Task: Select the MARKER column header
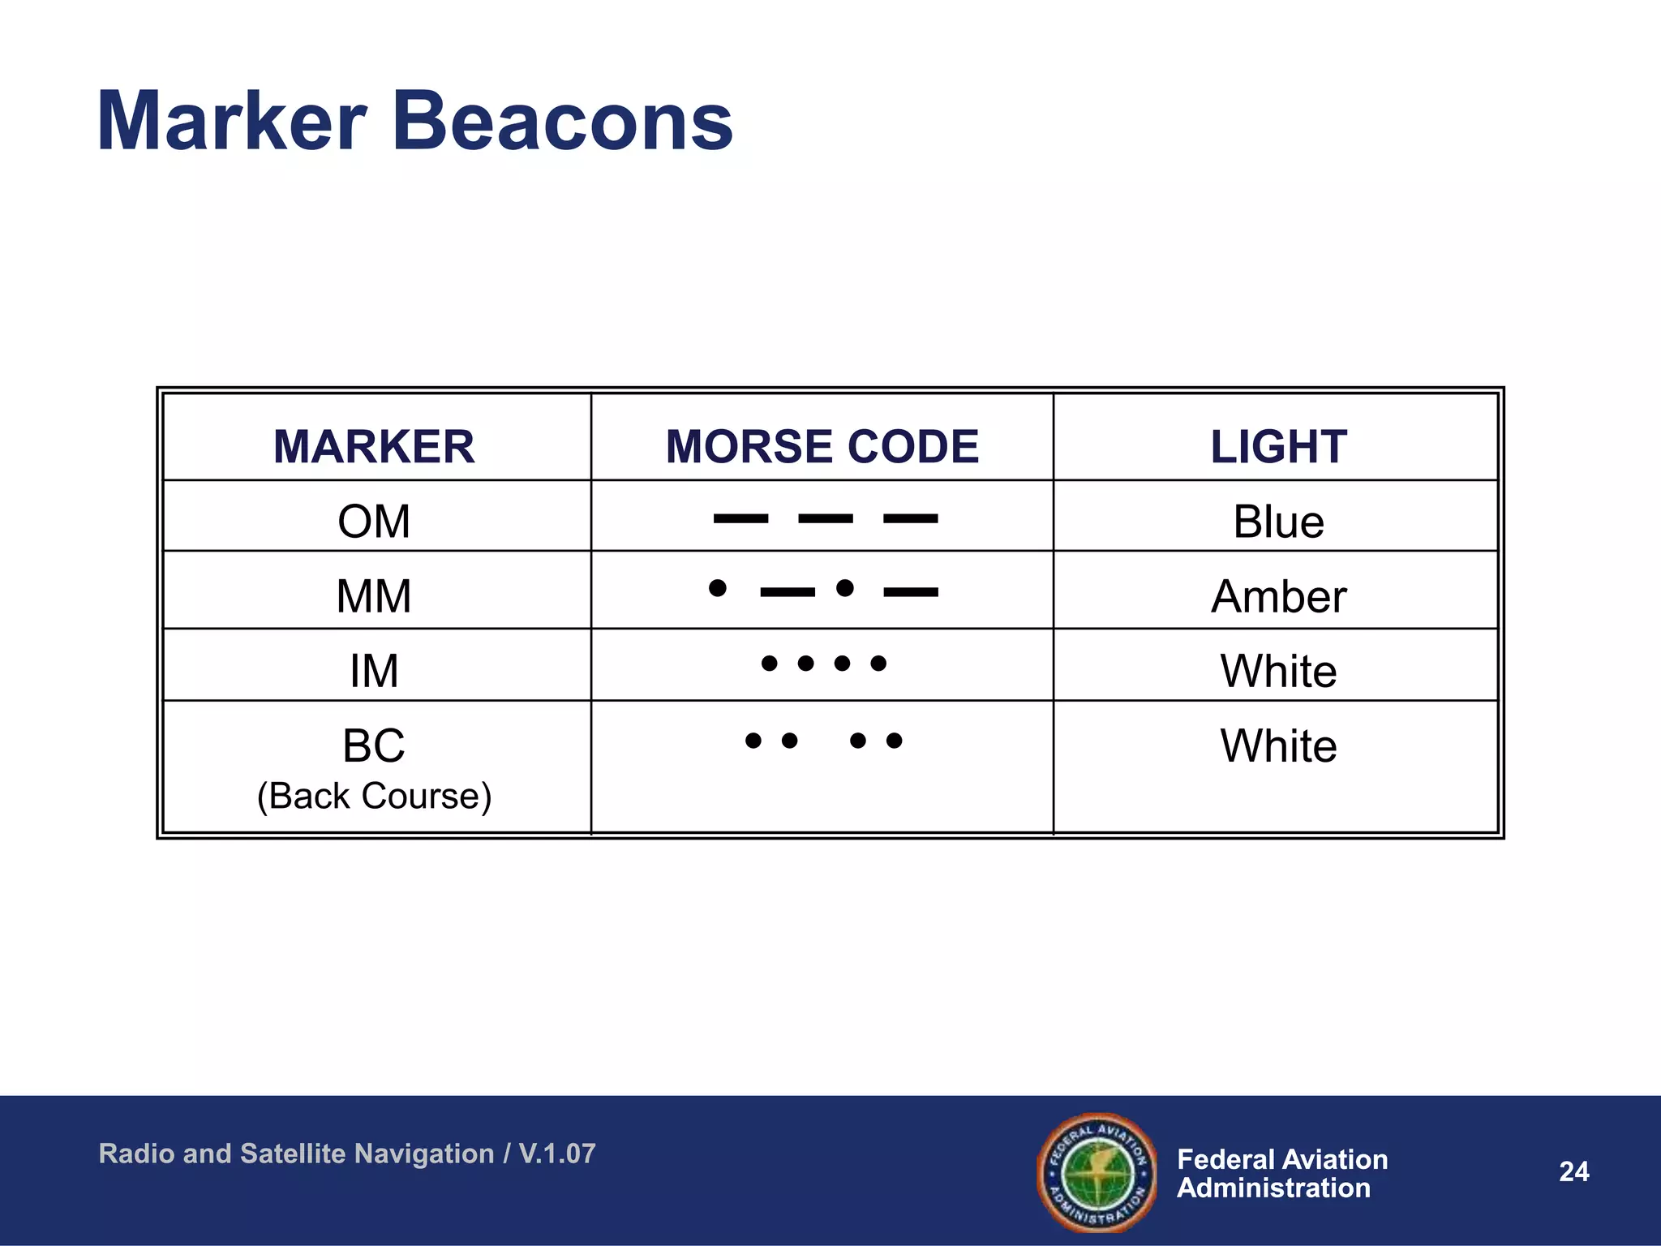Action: pyautogui.click(x=374, y=446)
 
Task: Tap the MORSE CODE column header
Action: pyautogui.click(x=822, y=446)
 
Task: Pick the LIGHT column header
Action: pyautogui.click(x=1278, y=446)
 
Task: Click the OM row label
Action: pyautogui.click(x=374, y=521)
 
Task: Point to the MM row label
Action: pyautogui.click(x=374, y=595)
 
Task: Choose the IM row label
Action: pyautogui.click(x=374, y=671)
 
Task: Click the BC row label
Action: pyautogui.click(x=374, y=745)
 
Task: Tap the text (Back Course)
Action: pyautogui.click(x=374, y=796)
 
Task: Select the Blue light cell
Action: pyautogui.click(x=1278, y=521)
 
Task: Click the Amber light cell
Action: pyautogui.click(x=1278, y=595)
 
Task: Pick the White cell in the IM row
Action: pyautogui.click(x=1278, y=671)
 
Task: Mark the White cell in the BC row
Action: pyautogui.click(x=1278, y=745)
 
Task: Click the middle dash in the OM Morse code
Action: pyautogui.click(x=826, y=518)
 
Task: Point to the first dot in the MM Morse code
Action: pyautogui.click(x=717, y=587)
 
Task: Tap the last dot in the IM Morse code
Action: pyautogui.click(x=878, y=664)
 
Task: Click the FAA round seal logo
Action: pyautogui.click(x=1097, y=1172)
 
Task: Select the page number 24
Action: pyautogui.click(x=1573, y=1171)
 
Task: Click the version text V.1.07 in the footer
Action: pyautogui.click(x=557, y=1153)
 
